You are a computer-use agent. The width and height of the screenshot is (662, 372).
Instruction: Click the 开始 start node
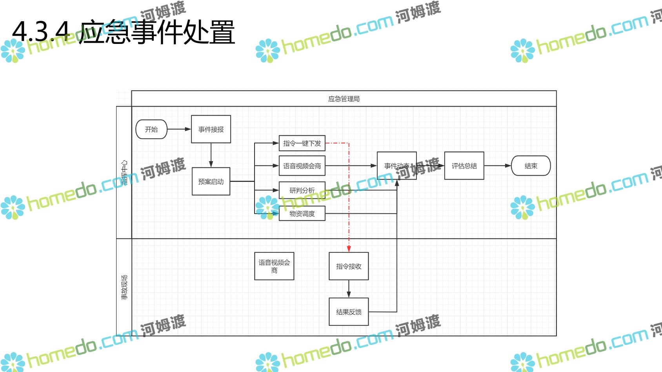point(151,129)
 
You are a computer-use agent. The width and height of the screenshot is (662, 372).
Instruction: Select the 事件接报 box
point(211,129)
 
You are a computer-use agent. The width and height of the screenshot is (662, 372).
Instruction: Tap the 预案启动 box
point(211,181)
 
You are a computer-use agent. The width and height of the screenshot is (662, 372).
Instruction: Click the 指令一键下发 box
point(302,143)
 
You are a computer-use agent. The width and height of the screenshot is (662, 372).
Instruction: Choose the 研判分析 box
point(302,190)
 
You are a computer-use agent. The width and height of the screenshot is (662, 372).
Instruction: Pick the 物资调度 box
point(302,214)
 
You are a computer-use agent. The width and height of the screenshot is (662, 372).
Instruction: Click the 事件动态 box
point(396,166)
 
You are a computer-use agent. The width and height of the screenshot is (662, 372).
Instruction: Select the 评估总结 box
point(464,166)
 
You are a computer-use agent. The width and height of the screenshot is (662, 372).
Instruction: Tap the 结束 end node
point(531,166)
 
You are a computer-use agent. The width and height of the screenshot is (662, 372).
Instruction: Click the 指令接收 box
point(349,266)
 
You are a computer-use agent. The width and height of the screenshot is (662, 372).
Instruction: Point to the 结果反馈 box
point(349,312)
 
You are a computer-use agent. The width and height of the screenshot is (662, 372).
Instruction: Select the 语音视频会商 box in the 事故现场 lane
point(274,266)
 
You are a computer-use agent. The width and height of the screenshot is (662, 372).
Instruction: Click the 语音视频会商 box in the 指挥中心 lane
point(302,166)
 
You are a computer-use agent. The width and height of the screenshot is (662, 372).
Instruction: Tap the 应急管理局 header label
point(344,99)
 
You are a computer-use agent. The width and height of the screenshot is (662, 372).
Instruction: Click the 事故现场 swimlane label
point(124,287)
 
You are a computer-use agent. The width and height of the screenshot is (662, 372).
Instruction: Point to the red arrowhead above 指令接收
point(349,249)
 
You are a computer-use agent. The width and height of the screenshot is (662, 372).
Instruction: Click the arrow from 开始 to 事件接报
point(179,129)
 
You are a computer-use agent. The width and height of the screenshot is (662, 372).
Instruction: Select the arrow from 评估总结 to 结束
point(498,165)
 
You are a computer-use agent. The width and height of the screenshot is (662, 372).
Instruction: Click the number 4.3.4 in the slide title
point(41,31)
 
